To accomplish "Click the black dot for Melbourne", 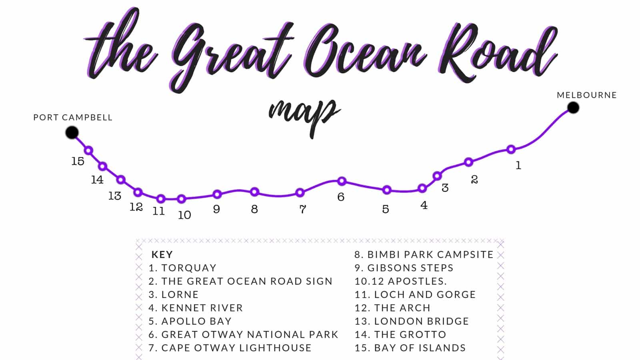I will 573,108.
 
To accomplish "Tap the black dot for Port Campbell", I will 72,132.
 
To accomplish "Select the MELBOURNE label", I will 587,95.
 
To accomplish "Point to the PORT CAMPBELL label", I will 73,118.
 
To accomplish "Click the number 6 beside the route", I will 341,197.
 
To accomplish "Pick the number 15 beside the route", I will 78,161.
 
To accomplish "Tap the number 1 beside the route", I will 518,165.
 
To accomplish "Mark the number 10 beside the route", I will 184,215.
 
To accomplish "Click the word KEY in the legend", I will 162,254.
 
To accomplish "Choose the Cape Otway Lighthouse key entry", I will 230,348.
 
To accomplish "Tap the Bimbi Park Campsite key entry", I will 424,254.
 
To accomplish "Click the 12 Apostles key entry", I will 400,281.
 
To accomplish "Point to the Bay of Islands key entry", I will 410,348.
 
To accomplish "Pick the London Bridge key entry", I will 412,321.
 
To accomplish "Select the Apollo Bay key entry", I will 190,321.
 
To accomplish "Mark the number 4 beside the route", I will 424,205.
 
